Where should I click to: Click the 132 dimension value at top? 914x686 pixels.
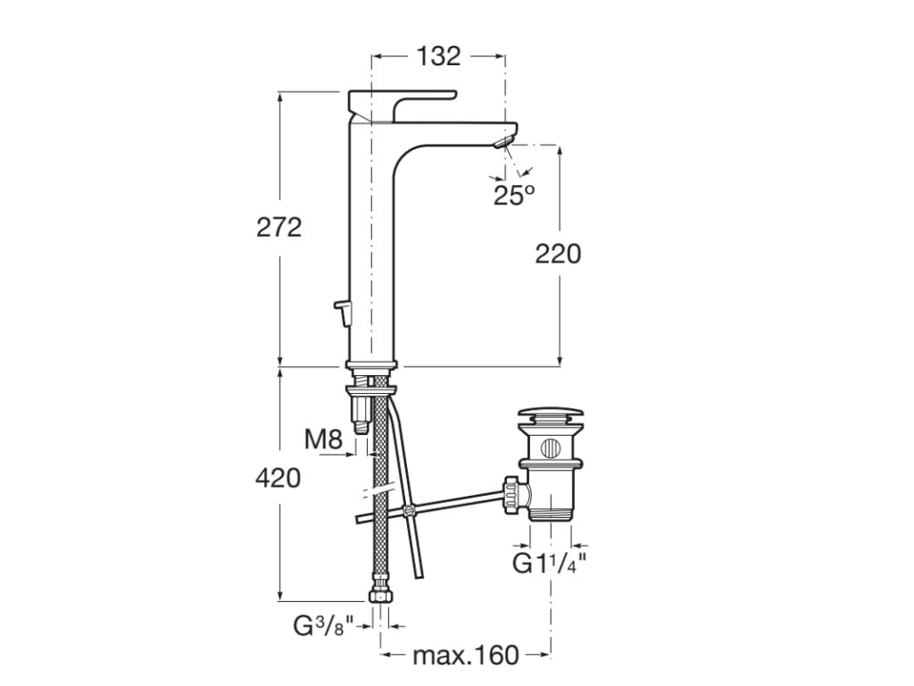click(438, 55)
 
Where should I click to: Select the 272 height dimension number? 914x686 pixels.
click(278, 227)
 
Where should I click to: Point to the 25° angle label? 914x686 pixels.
click(513, 196)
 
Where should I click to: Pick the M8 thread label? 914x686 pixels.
click(323, 439)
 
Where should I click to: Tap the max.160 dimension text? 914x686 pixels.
click(465, 656)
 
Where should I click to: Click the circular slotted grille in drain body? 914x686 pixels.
click(551, 447)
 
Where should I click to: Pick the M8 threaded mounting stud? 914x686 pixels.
click(361, 411)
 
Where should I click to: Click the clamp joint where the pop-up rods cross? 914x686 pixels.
click(408, 511)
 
